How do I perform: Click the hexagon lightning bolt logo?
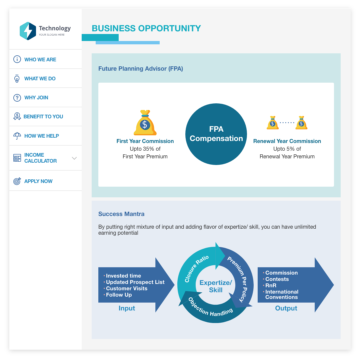pyautogui.click(x=28, y=31)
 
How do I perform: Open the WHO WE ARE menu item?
pyautogui.click(x=40, y=59)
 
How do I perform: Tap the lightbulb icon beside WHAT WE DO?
pyautogui.click(x=17, y=79)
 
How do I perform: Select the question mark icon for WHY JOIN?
pyautogui.click(x=17, y=98)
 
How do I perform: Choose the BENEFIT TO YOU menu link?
pyautogui.click(x=43, y=117)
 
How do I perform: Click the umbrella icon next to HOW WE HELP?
pyautogui.click(x=17, y=136)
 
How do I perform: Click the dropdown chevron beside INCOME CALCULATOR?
pyautogui.click(x=74, y=158)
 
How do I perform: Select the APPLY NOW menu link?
pyautogui.click(x=38, y=181)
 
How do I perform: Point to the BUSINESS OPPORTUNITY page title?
pyautogui.click(x=146, y=28)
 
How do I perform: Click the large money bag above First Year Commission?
pyautogui.click(x=145, y=123)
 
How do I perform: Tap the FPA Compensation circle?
pyautogui.click(x=216, y=134)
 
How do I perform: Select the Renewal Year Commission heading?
pyautogui.click(x=287, y=141)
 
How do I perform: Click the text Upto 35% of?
pyautogui.click(x=145, y=149)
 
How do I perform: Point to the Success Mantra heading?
pyautogui.click(x=121, y=214)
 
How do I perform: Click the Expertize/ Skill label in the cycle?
pyautogui.click(x=216, y=286)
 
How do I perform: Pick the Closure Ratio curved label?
pyautogui.click(x=197, y=269)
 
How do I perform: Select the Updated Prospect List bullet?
pyautogui.click(x=135, y=282)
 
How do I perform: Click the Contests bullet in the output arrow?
pyautogui.click(x=277, y=279)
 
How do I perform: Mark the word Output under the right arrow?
pyautogui.click(x=286, y=308)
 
